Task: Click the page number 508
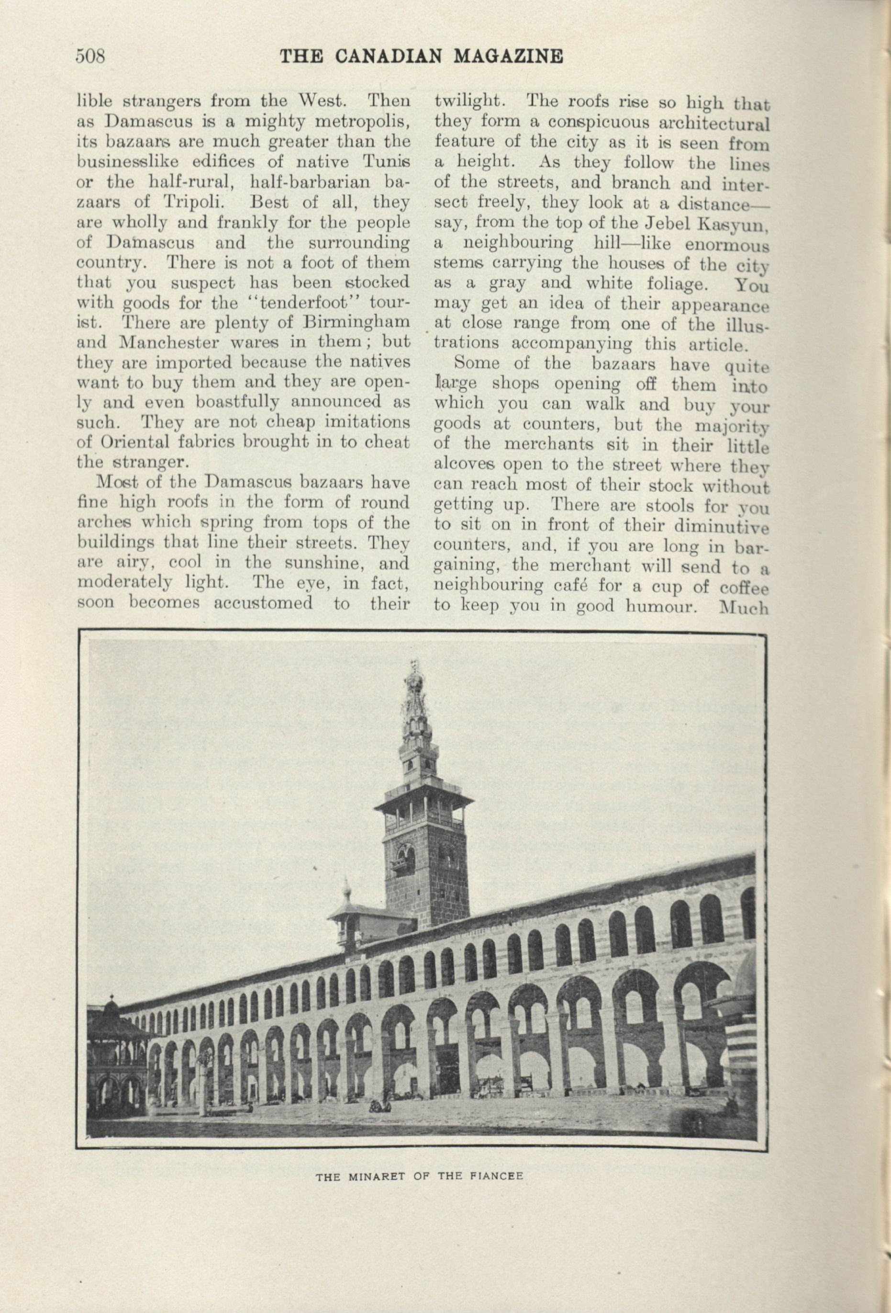pos(91,56)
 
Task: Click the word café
pos(581,587)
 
